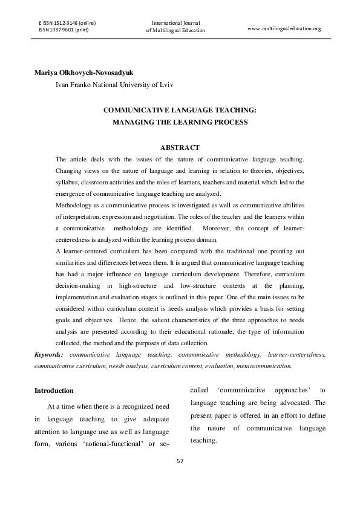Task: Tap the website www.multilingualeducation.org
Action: tap(284, 28)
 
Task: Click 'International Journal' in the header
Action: tap(175, 23)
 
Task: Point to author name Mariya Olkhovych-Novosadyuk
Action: tap(88, 73)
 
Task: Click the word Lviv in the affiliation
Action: tap(165, 85)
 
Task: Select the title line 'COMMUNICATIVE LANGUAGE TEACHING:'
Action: tap(180, 111)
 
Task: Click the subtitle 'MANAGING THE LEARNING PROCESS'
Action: tap(180, 123)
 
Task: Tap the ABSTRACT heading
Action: tap(180, 148)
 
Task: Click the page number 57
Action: tap(180, 461)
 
